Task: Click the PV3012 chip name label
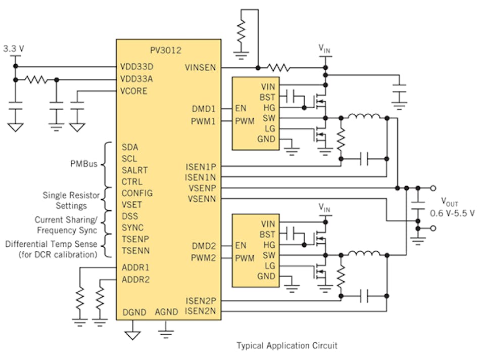pyautogui.click(x=165, y=51)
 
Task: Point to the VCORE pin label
pyautogui.click(x=134, y=91)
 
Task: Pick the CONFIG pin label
pyautogui.click(x=136, y=193)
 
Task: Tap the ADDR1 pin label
pyautogui.click(x=135, y=267)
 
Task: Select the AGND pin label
pyautogui.click(x=166, y=312)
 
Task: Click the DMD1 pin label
pyautogui.click(x=203, y=109)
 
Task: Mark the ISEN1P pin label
pyautogui.click(x=201, y=165)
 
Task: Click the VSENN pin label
pyautogui.click(x=202, y=199)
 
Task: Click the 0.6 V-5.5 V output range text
pyautogui.click(x=452, y=213)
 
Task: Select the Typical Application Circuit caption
pyautogui.click(x=287, y=346)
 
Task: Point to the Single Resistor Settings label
pyautogui.click(x=71, y=200)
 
